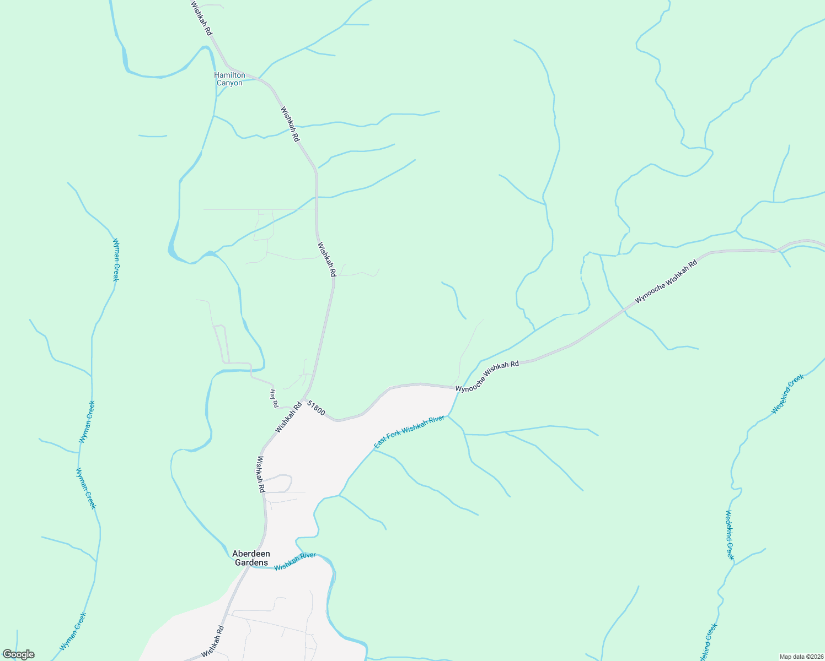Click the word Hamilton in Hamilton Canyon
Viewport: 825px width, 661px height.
tap(229, 75)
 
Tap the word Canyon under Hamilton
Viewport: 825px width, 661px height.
tap(229, 83)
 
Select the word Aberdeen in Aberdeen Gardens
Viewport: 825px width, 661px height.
tap(251, 554)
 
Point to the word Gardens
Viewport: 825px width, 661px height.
tap(251, 563)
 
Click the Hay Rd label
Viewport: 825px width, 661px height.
tap(274, 398)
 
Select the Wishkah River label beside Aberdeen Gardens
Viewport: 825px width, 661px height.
tap(295, 561)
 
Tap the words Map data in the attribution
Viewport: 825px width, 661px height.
tap(792, 657)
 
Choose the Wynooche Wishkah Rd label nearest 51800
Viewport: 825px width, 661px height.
tap(487, 377)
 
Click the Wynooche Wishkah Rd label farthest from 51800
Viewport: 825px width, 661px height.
tap(666, 281)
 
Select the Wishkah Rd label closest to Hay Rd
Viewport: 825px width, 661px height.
tap(288, 417)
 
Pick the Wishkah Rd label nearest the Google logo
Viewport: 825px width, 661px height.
tap(213, 641)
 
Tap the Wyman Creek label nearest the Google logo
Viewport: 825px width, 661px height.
tap(73, 631)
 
